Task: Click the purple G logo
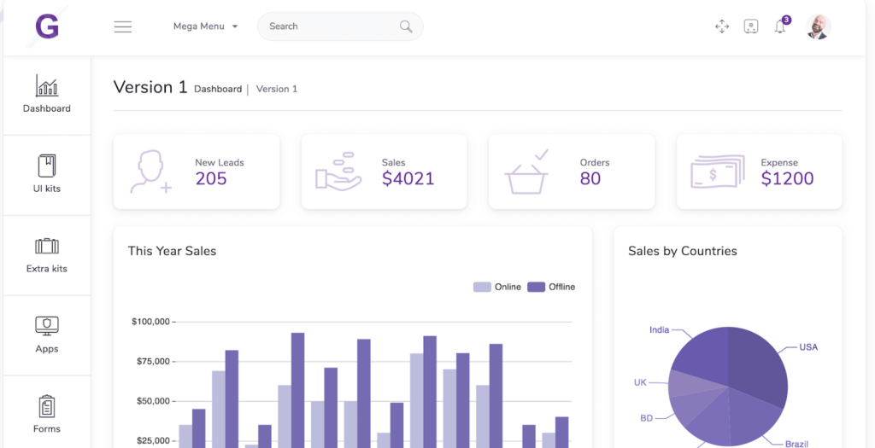pos(47,26)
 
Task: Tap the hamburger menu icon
pos(123,26)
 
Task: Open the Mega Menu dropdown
pos(205,26)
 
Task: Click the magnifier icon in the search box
pos(406,26)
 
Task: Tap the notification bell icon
pos(779,27)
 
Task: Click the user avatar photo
pos(818,26)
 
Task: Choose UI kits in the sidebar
pos(47,174)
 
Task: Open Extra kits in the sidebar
pos(47,254)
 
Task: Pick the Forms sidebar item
pos(47,415)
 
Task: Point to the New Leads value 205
pos(211,178)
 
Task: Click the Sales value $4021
pos(408,178)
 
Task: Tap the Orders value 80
pos(590,178)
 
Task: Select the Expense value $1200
pos(787,178)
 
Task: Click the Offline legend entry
pos(551,287)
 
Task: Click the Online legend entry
pos(497,287)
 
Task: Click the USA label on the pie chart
pos(808,347)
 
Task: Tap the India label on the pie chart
pos(659,329)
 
